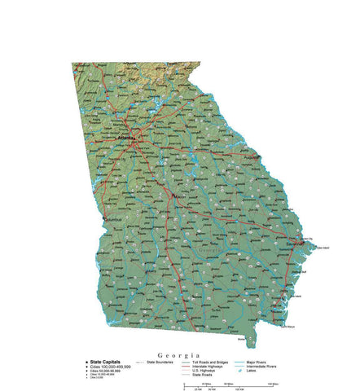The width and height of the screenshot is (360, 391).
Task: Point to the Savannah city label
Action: [x=296, y=243]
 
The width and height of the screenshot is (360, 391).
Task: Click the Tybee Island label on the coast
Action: [x=321, y=248]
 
